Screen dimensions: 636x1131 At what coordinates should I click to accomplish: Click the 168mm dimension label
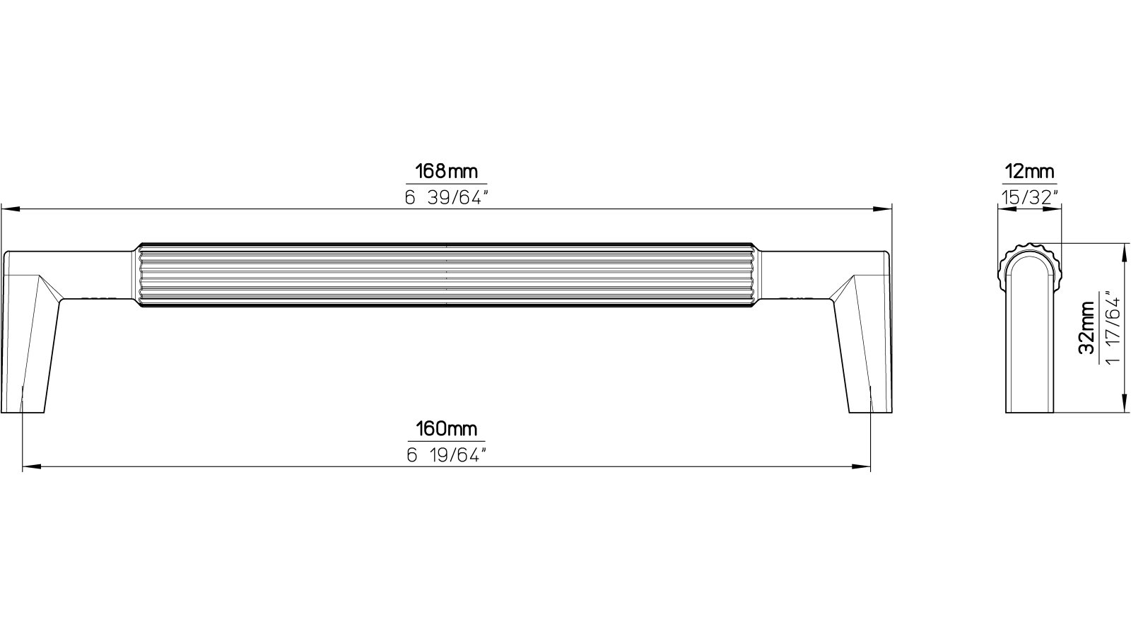(446, 172)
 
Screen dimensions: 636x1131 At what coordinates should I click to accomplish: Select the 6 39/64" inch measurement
(446, 198)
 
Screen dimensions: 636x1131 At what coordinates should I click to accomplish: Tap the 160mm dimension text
(446, 429)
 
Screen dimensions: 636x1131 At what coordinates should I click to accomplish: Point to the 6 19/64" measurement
(446, 455)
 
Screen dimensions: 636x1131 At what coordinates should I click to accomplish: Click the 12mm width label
(1029, 172)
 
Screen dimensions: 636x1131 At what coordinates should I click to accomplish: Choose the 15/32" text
(1029, 197)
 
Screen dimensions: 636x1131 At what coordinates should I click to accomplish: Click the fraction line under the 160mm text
(446, 441)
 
